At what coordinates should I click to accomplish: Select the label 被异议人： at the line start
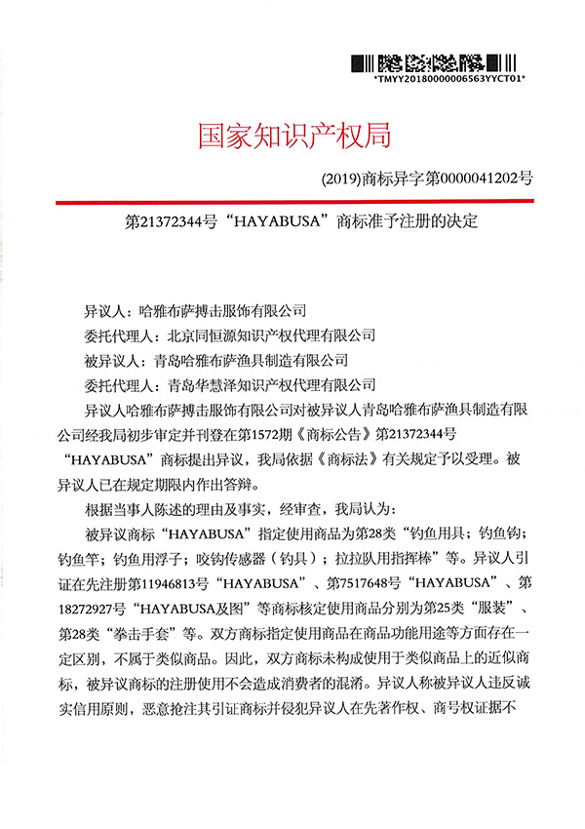[x=114, y=361]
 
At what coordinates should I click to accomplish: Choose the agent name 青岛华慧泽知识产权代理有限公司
[x=271, y=385]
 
